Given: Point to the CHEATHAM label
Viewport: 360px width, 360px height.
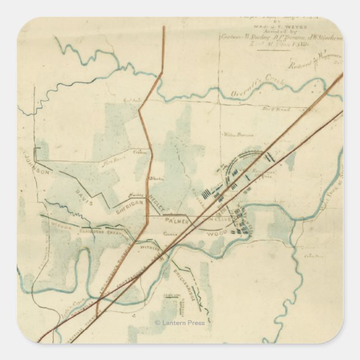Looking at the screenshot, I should (119, 233).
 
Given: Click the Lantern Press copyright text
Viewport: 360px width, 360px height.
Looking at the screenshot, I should (179, 323).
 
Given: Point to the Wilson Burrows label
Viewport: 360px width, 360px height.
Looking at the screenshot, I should (235, 135).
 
